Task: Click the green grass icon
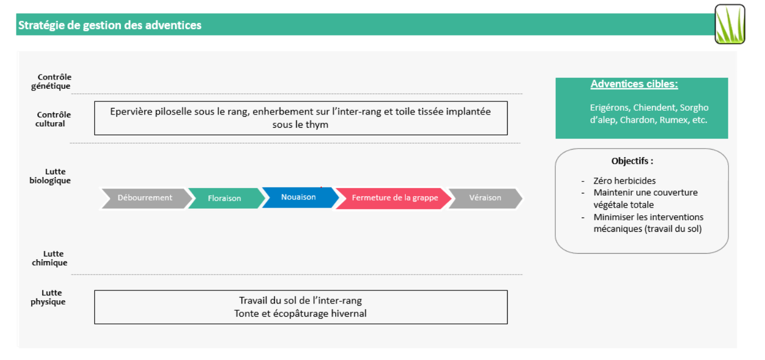pos(730,24)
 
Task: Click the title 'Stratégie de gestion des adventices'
pos(110,25)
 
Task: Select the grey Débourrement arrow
pos(145,198)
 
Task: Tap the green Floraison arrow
pos(226,198)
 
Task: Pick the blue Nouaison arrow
pos(300,197)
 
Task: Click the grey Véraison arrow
pos(485,198)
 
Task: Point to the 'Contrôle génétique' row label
pos(51,81)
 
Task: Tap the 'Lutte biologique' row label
pos(50,176)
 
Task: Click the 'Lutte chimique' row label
pos(49,258)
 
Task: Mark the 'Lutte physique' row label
pos(48,297)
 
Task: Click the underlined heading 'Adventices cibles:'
pos(634,84)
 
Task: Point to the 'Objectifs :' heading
pos(632,161)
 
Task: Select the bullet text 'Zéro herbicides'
pos(624,180)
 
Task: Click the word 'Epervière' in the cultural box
pos(131,112)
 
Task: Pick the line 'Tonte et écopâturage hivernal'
pos(300,313)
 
